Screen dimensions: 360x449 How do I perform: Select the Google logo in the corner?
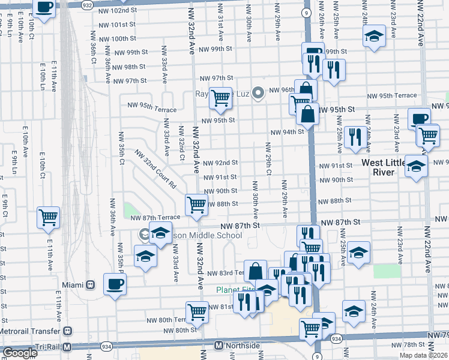(x=20, y=353)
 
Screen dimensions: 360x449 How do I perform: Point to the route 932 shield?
(x=87, y=4)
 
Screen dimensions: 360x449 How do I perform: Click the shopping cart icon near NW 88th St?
(x=197, y=205)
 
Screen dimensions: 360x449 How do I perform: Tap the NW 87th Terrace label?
(x=155, y=217)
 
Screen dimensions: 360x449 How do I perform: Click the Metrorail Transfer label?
(x=30, y=331)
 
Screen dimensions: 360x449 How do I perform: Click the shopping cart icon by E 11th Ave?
(x=48, y=217)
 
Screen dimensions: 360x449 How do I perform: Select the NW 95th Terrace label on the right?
(x=393, y=95)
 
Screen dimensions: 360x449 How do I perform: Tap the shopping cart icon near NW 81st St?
(x=197, y=311)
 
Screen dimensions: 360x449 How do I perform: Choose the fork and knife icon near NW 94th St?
(x=355, y=136)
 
